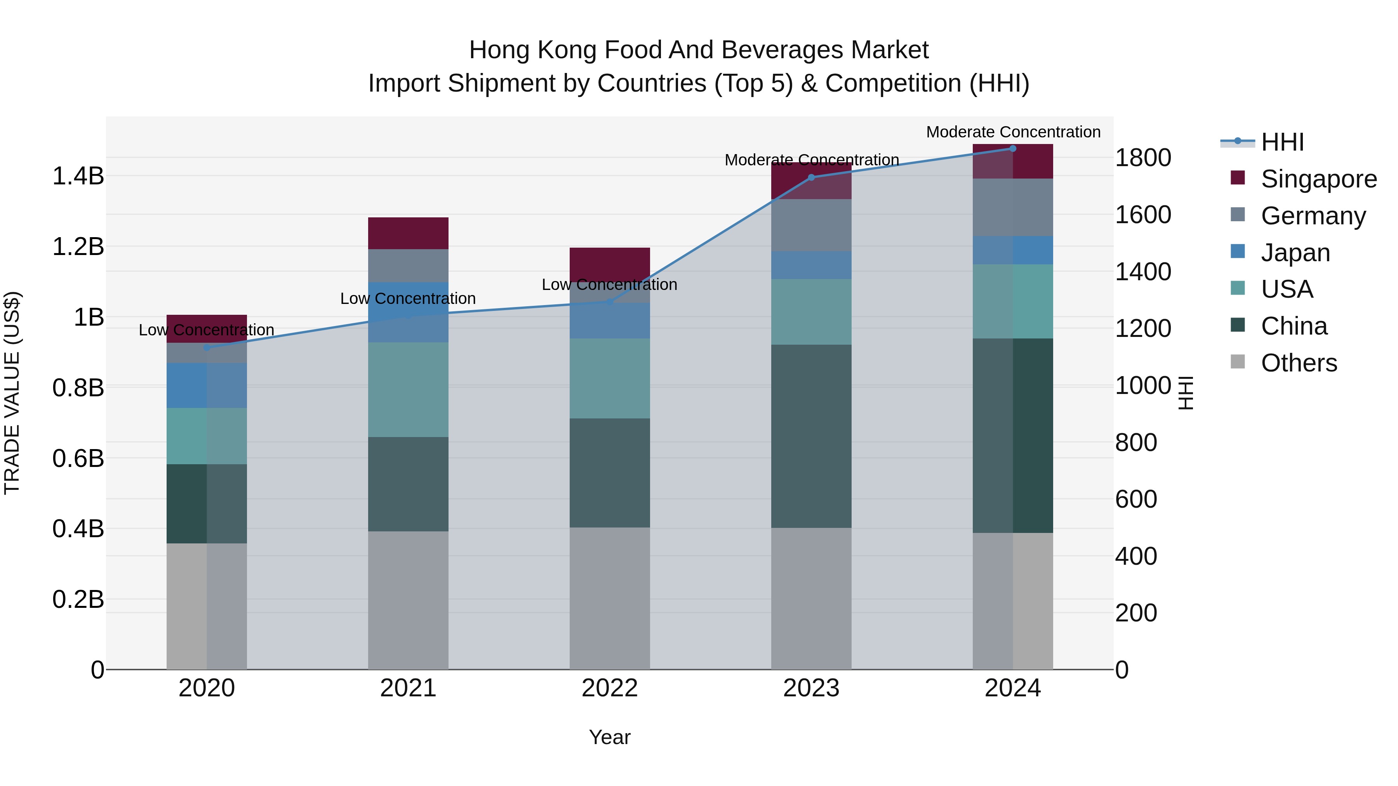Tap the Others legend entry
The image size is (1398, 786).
click(x=1299, y=363)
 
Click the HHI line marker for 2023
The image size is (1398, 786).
click(x=811, y=177)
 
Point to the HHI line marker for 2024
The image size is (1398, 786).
click(x=1013, y=149)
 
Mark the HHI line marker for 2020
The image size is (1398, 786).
click(x=206, y=348)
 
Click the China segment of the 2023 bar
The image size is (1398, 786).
click(x=811, y=436)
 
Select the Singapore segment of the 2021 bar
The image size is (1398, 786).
click(x=408, y=233)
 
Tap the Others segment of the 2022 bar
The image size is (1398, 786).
click(x=609, y=598)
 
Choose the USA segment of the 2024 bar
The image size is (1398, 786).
click(x=1013, y=302)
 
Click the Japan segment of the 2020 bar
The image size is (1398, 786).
click(x=206, y=385)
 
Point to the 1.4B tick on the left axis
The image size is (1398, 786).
click(x=78, y=176)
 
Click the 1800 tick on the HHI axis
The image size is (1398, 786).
click(x=1143, y=158)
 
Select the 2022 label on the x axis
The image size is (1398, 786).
click(x=609, y=688)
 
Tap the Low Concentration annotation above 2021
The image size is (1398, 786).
click(x=408, y=298)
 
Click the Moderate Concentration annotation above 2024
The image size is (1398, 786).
click(x=1013, y=132)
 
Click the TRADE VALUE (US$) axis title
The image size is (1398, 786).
click(x=12, y=393)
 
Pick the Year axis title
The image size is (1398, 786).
click(x=609, y=737)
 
